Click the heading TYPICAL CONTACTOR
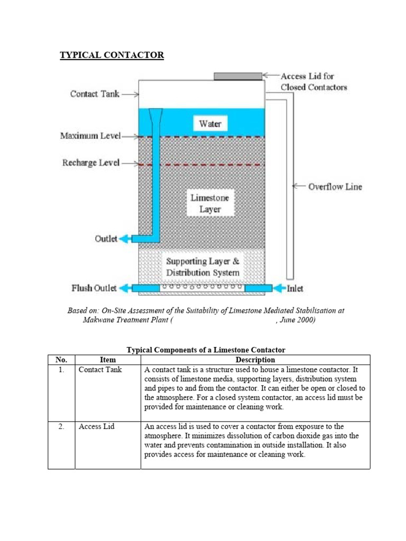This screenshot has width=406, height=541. [112, 55]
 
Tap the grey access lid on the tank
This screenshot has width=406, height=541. [237, 77]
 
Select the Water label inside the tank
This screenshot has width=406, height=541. [210, 124]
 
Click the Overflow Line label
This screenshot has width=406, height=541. [335, 186]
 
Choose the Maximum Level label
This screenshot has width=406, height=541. [90, 136]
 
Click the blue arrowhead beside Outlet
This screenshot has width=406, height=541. [125, 239]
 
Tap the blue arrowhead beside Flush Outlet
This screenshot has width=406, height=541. [125, 288]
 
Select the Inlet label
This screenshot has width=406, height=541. [295, 288]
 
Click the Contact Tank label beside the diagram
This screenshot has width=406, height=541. [95, 94]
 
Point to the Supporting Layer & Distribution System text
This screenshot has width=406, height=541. [203, 267]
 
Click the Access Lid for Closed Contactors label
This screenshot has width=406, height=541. [313, 82]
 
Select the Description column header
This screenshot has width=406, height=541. [255, 360]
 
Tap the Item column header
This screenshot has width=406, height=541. [107, 360]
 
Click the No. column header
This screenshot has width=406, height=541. [61, 360]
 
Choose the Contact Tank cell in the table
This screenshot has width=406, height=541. [100, 370]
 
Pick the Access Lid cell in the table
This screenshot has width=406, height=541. [95, 426]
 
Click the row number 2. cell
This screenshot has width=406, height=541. [61, 426]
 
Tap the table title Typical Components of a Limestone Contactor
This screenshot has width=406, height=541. [206, 350]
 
